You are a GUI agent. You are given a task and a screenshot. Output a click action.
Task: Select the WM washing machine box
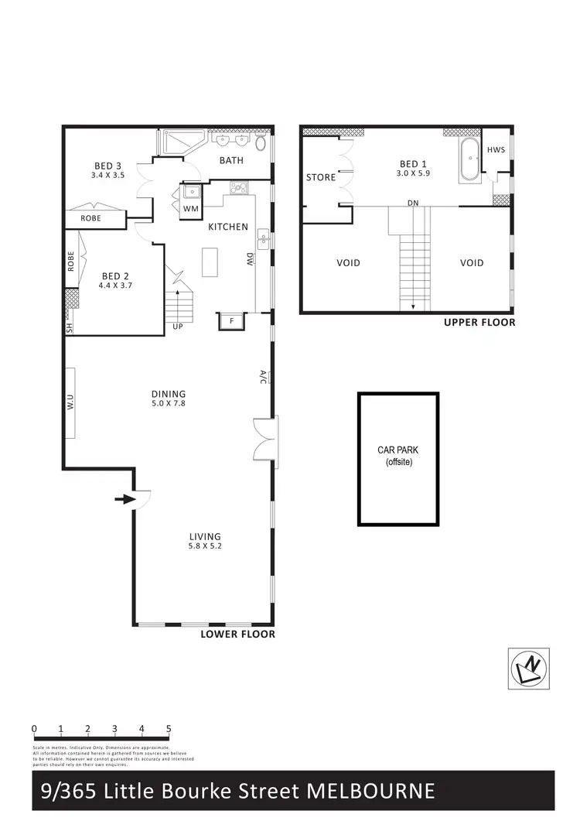[190, 209]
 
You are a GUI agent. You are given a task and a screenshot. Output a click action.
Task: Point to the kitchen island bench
[211, 262]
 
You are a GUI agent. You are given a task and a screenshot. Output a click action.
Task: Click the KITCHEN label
[228, 227]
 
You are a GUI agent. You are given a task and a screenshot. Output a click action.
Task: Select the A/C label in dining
[263, 377]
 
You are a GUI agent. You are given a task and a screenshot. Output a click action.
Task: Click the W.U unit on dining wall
[70, 402]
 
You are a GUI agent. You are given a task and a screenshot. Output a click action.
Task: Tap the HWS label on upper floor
[496, 149]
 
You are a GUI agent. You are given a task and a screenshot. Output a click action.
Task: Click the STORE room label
[321, 177]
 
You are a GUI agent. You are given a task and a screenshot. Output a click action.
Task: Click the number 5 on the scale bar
[168, 729]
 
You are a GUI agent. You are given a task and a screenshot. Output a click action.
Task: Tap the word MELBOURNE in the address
[371, 791]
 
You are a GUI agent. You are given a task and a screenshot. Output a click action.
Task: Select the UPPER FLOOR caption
[479, 323]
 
